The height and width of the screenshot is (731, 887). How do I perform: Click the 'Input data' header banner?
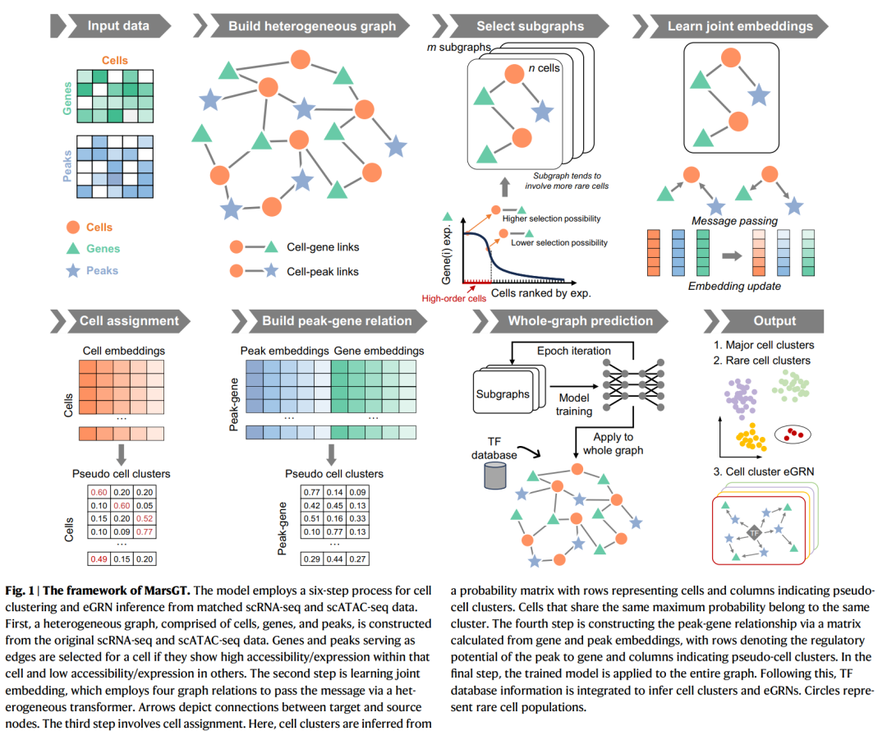tap(118, 25)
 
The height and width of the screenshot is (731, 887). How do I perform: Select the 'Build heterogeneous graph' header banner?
tap(311, 25)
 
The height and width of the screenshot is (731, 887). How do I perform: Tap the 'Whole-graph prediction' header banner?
tap(580, 321)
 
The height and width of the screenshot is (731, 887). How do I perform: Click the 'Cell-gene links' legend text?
tap(323, 246)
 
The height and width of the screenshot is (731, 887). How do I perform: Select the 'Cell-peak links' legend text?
tap(324, 271)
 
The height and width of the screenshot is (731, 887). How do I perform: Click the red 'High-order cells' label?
tap(453, 298)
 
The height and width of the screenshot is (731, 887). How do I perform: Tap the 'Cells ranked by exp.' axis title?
tap(542, 292)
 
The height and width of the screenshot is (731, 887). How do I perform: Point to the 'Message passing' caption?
tap(734, 221)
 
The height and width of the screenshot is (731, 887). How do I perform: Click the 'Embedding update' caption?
tap(733, 286)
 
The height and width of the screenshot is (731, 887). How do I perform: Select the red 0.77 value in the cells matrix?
tap(145, 532)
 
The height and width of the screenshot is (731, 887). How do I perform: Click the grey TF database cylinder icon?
tap(494, 474)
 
